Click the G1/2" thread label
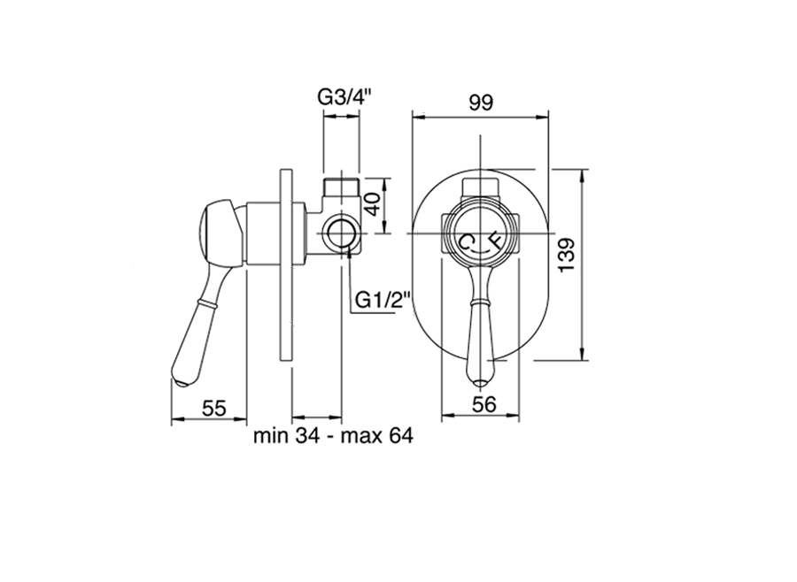point(382,300)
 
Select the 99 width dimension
point(480,103)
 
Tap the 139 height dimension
point(566,254)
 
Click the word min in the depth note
point(271,435)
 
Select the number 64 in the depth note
point(401,435)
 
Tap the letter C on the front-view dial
point(466,241)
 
